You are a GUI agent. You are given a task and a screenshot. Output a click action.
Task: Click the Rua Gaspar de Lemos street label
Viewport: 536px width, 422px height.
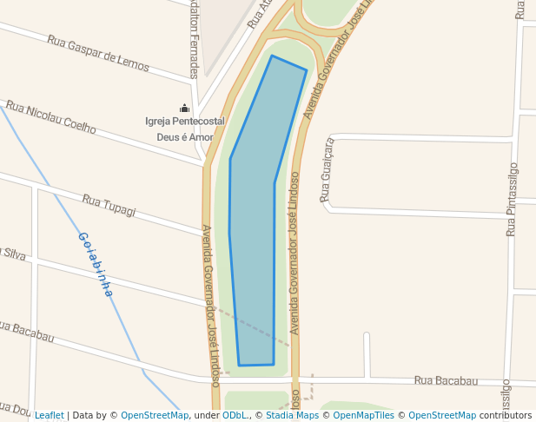98,54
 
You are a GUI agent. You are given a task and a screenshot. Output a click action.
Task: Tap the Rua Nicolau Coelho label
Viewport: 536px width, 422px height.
50,116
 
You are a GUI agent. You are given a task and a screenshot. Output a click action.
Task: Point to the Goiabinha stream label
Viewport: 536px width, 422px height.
96,264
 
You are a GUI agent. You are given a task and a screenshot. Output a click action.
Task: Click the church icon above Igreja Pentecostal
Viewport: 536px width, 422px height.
184,108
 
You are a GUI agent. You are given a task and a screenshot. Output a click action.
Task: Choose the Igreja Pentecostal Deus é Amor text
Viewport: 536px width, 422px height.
184,129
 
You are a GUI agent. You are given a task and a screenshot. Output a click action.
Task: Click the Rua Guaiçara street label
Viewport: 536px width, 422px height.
327,170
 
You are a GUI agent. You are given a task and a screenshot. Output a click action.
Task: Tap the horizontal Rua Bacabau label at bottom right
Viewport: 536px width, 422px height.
446,380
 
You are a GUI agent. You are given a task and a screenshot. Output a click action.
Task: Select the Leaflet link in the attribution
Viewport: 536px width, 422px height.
49,415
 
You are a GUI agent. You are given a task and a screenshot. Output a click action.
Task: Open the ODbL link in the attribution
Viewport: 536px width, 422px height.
234,415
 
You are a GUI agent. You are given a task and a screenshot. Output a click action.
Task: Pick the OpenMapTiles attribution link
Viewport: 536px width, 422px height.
365,415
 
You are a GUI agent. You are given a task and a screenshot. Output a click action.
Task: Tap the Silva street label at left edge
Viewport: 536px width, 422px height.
12,254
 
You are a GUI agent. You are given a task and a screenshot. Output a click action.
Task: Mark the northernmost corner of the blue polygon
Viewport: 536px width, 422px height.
272,56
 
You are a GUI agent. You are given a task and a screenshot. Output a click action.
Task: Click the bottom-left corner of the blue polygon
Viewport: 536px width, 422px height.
239,366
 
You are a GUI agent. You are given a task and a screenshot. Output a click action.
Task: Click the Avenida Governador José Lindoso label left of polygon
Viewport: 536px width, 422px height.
209,304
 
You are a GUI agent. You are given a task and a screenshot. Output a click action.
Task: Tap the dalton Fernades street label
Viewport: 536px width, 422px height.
194,39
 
